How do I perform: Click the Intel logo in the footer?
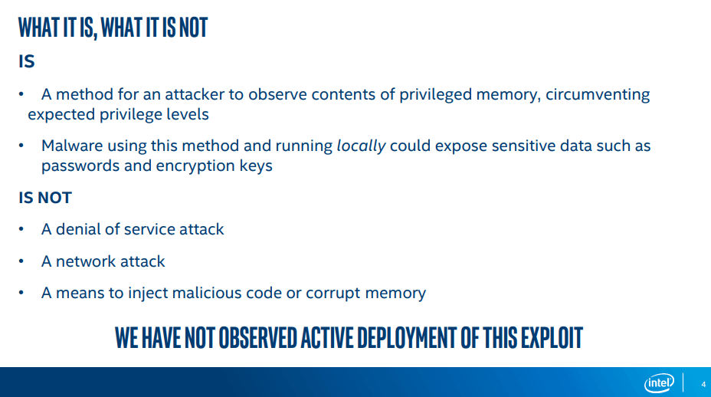659,383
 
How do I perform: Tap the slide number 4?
703,384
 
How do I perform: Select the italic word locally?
361,146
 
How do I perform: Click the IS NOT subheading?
45,198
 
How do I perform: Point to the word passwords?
80,166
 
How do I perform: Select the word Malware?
72,146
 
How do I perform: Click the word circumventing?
598,95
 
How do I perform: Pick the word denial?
78,229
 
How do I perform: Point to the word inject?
147,293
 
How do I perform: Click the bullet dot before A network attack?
21,262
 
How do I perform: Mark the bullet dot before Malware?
21,146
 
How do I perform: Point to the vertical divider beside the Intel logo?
683,382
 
